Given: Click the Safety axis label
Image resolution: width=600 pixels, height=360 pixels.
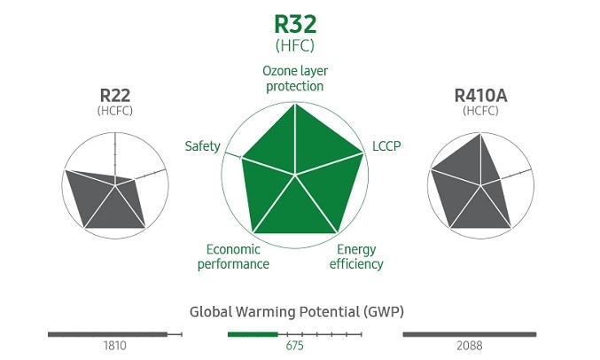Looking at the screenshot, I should (x=202, y=145).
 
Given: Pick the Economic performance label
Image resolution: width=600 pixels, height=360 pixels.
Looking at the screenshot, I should (x=233, y=256).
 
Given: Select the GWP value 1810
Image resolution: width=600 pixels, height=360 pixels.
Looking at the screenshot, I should (x=115, y=346).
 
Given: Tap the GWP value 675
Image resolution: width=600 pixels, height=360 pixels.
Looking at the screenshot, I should (x=294, y=346).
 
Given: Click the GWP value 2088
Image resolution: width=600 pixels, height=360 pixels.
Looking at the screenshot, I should (x=471, y=346).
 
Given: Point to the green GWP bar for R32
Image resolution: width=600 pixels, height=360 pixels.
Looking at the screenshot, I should (x=253, y=334).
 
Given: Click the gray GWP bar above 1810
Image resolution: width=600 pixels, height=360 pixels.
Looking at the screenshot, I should (x=107, y=334).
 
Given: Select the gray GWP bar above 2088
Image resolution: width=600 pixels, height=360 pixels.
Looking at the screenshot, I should (x=470, y=334).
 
